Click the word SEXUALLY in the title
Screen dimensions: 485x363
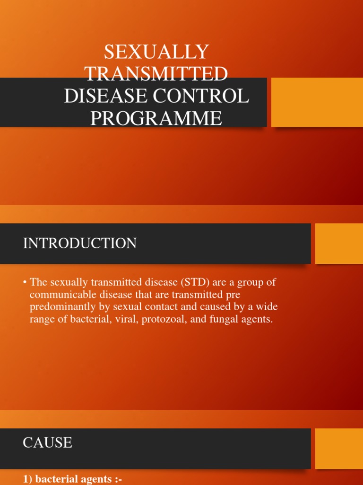tap(156, 52)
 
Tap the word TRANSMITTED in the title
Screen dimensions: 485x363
tap(156, 74)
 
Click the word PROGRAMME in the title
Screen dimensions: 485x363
tap(156, 118)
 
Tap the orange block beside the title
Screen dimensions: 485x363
tap(317, 102)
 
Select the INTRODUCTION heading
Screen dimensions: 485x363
tap(80, 243)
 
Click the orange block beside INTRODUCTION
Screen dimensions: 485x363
tap(338, 243)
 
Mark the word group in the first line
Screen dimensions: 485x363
tap(251, 282)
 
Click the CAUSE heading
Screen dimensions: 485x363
tap(47, 442)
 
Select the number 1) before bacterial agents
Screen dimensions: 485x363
tap(28, 479)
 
